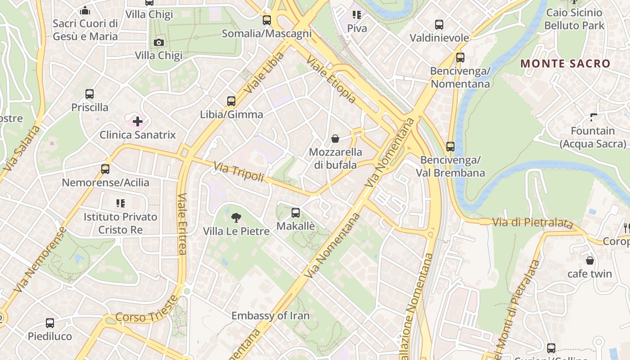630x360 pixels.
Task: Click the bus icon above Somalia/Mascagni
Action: click(x=267, y=20)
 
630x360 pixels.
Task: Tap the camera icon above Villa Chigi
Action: click(x=159, y=43)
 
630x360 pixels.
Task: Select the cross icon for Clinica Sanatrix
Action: click(x=138, y=121)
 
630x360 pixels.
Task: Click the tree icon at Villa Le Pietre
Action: click(x=236, y=218)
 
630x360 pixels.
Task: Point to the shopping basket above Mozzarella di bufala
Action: click(x=335, y=139)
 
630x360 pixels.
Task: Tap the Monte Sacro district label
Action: click(x=565, y=63)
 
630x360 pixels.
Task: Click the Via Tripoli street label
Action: click(x=238, y=172)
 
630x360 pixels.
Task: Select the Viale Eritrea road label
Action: click(x=182, y=224)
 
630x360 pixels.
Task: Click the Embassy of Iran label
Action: click(x=270, y=316)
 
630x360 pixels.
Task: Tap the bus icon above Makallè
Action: click(x=296, y=213)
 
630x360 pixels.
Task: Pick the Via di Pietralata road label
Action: click(x=533, y=223)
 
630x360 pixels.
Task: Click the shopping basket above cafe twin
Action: click(x=589, y=261)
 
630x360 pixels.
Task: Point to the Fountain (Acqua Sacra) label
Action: click(x=593, y=137)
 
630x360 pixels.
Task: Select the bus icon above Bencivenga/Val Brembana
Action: click(x=450, y=147)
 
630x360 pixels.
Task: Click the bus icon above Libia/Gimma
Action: click(x=231, y=101)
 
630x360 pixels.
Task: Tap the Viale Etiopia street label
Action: click(x=331, y=80)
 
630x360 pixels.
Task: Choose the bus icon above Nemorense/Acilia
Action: click(x=105, y=169)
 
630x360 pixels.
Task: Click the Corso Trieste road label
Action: click(x=147, y=310)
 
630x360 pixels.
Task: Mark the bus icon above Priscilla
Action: click(x=90, y=94)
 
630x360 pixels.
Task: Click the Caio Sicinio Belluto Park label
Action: click(x=574, y=19)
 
